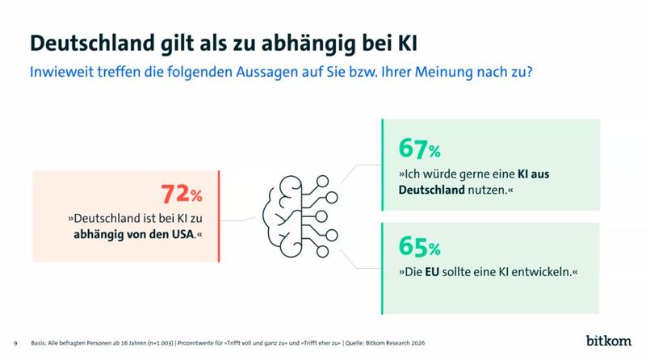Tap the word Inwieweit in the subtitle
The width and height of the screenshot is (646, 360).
59,71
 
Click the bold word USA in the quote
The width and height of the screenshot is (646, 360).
182,236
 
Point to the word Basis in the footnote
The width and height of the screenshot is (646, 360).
38,342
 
